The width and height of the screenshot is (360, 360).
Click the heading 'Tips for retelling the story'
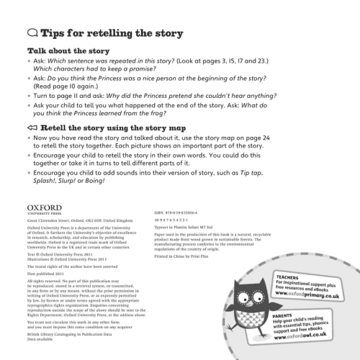click(112, 34)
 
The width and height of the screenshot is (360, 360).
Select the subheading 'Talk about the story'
click(68, 51)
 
